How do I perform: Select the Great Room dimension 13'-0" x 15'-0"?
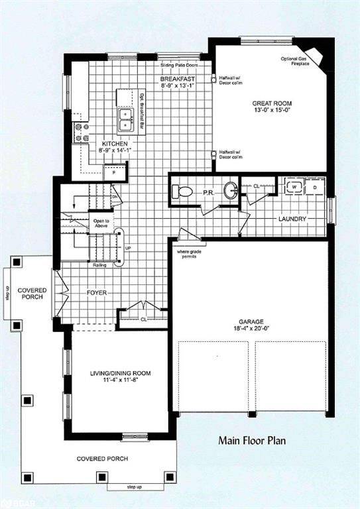click(x=270, y=111)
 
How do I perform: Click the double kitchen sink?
click(x=126, y=120)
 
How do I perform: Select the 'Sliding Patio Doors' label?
click(x=179, y=66)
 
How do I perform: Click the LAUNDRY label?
click(x=292, y=218)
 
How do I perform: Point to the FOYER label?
click(x=97, y=292)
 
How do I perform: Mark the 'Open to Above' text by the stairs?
click(x=101, y=223)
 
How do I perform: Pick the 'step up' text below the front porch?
click(x=135, y=488)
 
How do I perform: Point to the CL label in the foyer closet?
click(x=144, y=318)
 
